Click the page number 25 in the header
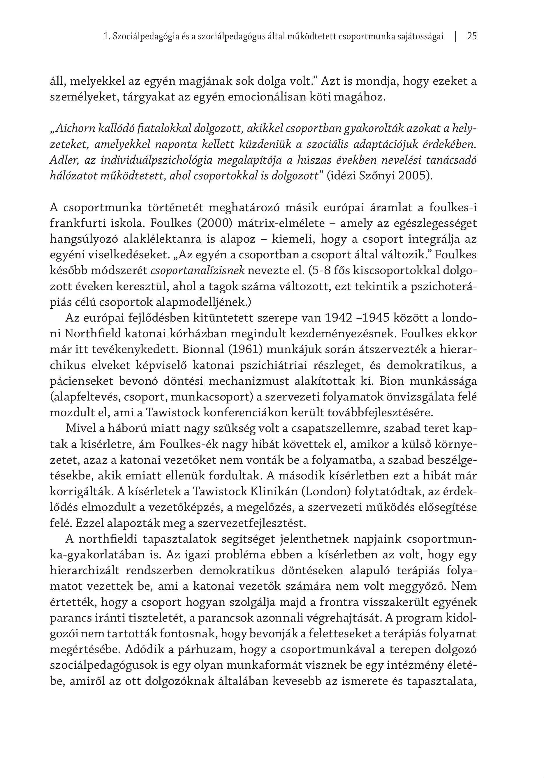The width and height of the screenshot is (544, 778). coord(472,37)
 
